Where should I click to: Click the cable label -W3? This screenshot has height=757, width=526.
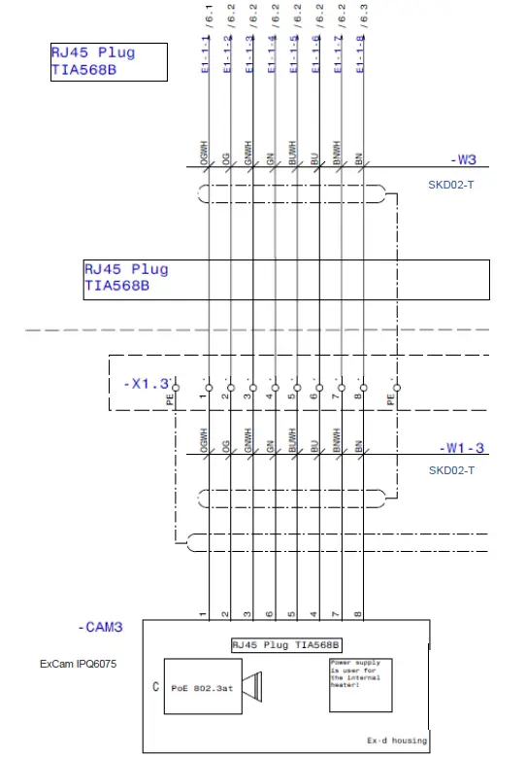click(463, 160)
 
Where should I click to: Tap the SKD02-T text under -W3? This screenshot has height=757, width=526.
click(451, 184)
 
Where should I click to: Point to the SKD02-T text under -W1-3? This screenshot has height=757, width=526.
click(451, 471)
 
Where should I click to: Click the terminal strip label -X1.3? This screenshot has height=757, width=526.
click(146, 384)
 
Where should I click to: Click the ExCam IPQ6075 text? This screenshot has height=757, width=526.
click(79, 666)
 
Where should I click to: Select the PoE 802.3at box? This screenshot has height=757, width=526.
click(202, 688)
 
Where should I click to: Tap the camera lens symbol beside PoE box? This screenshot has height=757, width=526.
click(252, 688)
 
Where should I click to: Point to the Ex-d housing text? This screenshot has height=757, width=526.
click(396, 740)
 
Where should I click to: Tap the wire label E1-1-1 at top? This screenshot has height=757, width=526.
click(205, 54)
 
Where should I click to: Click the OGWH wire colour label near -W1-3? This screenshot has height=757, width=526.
click(205, 443)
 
